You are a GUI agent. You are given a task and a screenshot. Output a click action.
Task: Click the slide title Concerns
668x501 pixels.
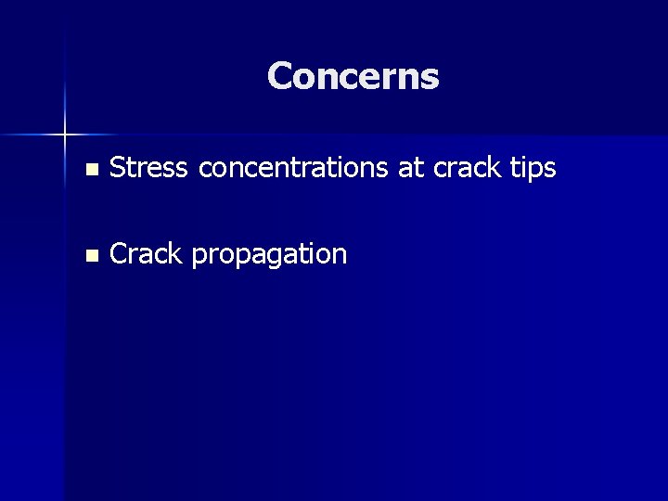[353, 76]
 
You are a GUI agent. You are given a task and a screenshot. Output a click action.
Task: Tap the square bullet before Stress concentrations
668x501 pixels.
[89, 170]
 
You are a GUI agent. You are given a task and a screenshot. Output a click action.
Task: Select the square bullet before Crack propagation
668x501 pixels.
[89, 255]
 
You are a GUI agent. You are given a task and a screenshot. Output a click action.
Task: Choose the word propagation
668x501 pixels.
[269, 255]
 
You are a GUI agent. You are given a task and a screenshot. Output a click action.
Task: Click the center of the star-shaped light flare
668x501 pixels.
[65, 135]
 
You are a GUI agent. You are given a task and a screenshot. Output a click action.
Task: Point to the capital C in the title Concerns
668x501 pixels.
[280, 76]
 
